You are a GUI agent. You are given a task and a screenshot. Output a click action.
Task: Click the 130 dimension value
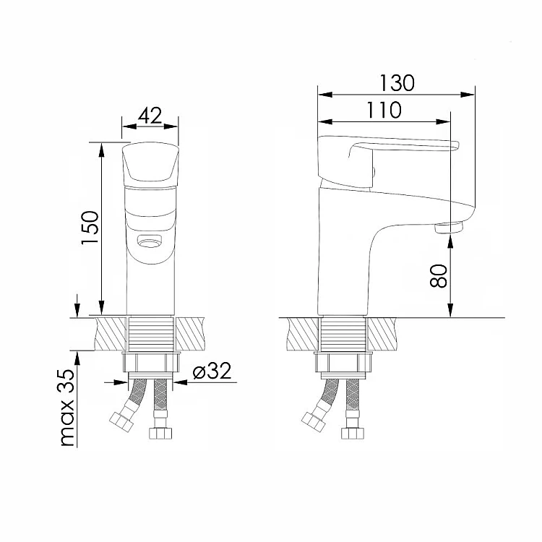pyautogui.click(x=397, y=83)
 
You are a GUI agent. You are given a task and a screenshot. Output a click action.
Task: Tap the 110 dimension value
pyautogui.click(x=384, y=110)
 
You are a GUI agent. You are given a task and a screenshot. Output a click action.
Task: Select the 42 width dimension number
pyautogui.click(x=150, y=116)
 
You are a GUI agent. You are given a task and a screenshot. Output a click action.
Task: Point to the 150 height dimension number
pyautogui.click(x=90, y=227)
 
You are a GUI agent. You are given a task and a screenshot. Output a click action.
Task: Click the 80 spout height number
pyautogui.click(x=439, y=276)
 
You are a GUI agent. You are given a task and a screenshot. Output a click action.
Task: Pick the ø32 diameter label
pyautogui.click(x=212, y=371)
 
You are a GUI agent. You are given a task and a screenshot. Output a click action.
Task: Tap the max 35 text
pyautogui.click(x=68, y=408)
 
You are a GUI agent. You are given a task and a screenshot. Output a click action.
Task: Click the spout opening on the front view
pyautogui.click(x=150, y=240)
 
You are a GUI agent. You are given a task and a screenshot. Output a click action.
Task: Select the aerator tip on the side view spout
pyautogui.click(x=449, y=228)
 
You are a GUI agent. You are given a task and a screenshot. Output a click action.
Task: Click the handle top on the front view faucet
pyautogui.click(x=150, y=162)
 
